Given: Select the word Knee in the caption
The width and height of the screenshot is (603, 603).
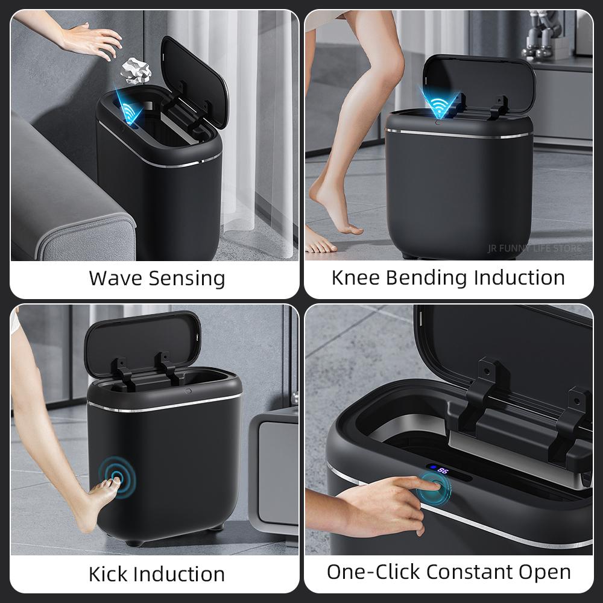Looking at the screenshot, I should point(356,278).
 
